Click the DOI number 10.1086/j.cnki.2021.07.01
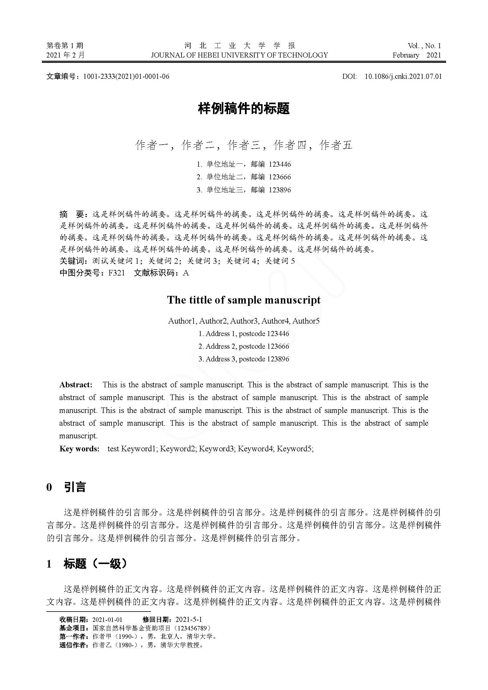pos(403,76)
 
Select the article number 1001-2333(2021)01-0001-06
pos(126,76)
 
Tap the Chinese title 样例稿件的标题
pos(244,109)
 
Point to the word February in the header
pos(406,55)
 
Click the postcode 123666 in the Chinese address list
pos(280,177)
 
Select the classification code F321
pos(116,273)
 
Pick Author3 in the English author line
pos(244,321)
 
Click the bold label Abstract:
pos(76,385)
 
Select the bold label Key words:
pos(79,449)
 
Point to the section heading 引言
pos(75,487)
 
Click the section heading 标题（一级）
pos(95,564)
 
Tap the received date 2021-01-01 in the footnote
pos(107,619)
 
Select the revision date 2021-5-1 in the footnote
pos(189,619)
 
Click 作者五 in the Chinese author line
pos(336,145)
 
